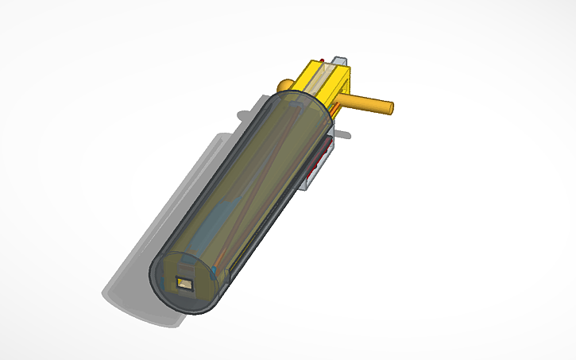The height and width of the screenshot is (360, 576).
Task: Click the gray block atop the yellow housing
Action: [340, 61]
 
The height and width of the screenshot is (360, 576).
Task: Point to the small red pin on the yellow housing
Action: [320, 60]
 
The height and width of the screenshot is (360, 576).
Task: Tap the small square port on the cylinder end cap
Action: [187, 283]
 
